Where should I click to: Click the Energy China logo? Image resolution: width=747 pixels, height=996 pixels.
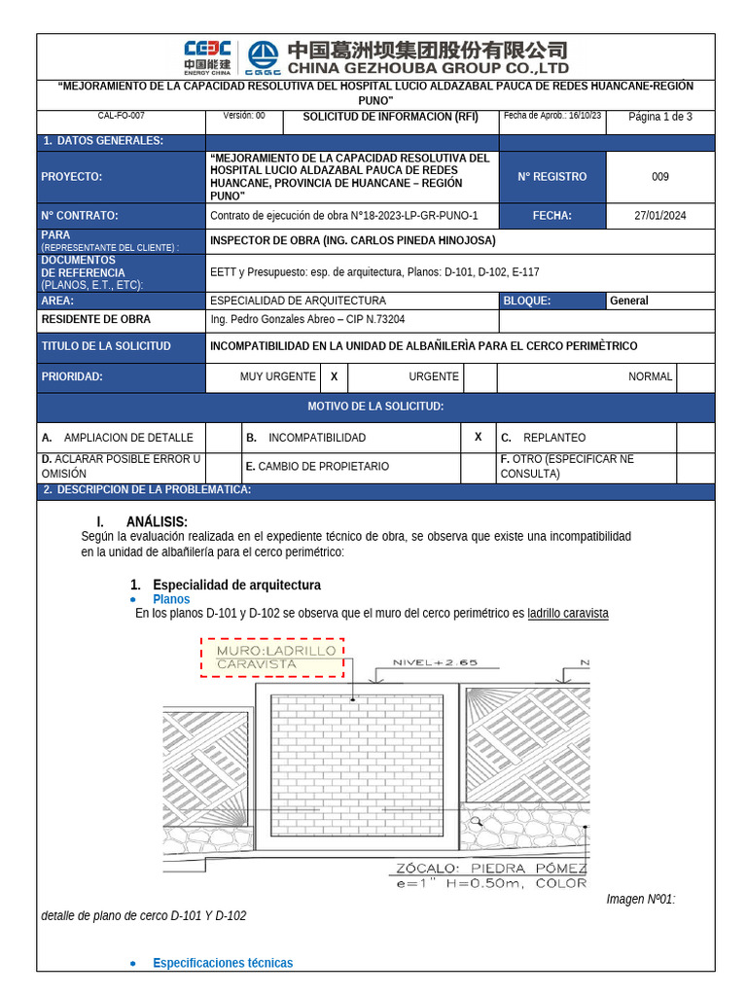pos(208,56)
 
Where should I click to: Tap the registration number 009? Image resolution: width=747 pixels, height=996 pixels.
pos(660,177)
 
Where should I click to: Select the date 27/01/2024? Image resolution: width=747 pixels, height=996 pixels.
pos(660,216)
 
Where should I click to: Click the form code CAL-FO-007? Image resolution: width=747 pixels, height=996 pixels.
pos(122,116)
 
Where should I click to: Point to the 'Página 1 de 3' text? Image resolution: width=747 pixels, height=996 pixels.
pos(660,117)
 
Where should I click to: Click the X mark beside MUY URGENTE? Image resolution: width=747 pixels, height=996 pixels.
pos(334,376)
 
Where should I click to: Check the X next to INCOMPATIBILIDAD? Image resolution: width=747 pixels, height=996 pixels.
pos(478,438)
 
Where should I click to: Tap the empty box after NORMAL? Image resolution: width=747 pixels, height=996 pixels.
pos(694,376)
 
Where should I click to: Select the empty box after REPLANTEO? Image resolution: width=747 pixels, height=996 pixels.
pos(694,438)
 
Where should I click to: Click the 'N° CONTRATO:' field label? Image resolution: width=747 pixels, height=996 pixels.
pos(80,216)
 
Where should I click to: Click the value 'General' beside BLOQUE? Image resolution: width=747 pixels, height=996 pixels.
pos(629,302)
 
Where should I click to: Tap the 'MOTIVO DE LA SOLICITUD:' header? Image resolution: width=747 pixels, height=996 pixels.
pos(375,407)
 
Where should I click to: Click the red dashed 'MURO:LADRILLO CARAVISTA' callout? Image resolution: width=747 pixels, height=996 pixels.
pos(273,658)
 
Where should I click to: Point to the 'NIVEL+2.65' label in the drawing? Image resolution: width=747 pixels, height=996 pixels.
pos(435,662)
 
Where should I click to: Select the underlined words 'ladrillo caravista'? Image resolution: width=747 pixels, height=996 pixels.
pos(568,614)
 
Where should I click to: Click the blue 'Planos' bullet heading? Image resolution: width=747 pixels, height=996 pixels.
pos(171,599)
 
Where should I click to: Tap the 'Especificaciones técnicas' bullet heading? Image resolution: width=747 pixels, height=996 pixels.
pos(223,963)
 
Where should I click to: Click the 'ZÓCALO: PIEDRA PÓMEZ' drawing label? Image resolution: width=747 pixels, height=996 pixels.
pos(490,869)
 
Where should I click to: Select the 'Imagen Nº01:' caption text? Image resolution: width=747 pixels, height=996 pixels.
pos(640,899)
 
